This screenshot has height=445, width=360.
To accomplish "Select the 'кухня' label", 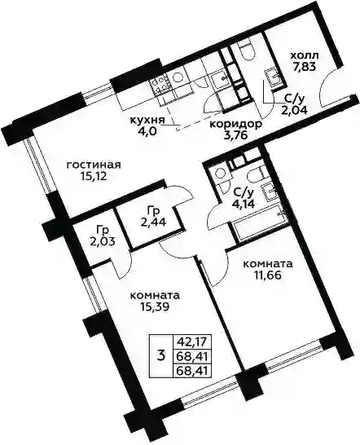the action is (147, 120).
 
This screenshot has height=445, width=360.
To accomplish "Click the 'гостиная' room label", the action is (94, 165).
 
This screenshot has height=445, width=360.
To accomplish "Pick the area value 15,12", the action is (94, 177).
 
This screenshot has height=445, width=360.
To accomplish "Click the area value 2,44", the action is (153, 221).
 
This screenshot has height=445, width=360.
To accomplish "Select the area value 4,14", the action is (243, 204).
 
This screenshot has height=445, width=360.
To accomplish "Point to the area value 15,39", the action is (155, 306).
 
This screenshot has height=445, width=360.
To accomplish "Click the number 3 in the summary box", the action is (160, 355).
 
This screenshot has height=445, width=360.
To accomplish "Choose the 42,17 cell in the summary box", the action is (192, 341).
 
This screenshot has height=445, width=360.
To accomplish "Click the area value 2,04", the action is (294, 109).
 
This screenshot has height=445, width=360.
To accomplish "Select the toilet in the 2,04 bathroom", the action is (246, 51).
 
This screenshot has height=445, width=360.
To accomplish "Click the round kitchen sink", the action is (178, 77).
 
